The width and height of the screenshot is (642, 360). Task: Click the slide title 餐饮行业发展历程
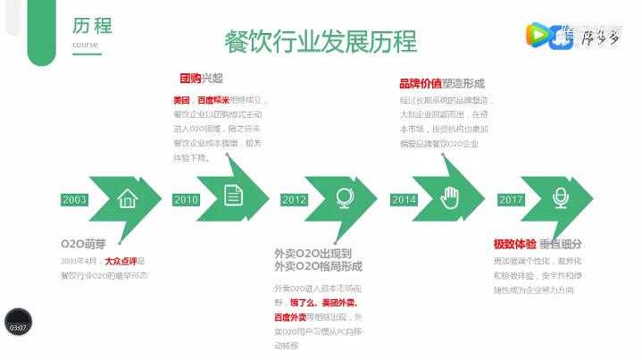click(x=321, y=41)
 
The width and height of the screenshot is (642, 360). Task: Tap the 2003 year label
click(x=75, y=199)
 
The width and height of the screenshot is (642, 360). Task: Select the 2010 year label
click(x=186, y=199)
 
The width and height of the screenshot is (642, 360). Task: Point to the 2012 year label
click(x=295, y=199)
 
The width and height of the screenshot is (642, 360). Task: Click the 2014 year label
click(x=404, y=199)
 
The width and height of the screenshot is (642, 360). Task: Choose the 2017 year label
click(x=512, y=199)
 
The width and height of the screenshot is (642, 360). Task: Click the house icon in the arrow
click(x=128, y=198)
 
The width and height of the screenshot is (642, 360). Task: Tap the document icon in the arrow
click(x=233, y=196)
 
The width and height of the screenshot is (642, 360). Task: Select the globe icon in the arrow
click(x=342, y=197)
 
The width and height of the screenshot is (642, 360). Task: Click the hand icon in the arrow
click(x=450, y=197)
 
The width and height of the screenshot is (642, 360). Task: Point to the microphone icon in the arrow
click(x=560, y=197)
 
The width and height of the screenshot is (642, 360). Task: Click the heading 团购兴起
click(x=200, y=80)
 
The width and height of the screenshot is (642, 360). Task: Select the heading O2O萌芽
click(x=83, y=244)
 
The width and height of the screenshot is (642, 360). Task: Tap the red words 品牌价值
click(x=420, y=82)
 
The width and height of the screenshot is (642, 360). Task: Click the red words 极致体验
click(x=515, y=244)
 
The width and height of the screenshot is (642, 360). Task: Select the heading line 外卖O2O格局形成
click(x=318, y=266)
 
